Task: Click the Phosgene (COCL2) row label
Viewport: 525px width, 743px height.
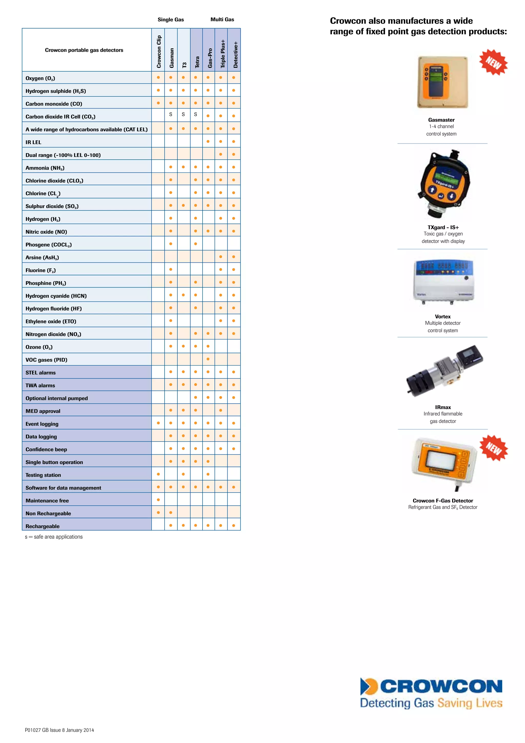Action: tap(48, 245)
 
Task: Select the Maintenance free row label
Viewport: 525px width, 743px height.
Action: tap(47, 501)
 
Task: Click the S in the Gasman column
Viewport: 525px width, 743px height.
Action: tap(171, 114)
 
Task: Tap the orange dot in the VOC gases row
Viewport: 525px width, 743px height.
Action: tap(208, 359)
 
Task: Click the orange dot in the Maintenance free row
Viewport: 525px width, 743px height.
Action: tap(158, 500)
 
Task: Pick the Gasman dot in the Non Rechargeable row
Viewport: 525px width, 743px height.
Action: tap(171, 513)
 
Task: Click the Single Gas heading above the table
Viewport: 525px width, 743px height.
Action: tap(171, 19)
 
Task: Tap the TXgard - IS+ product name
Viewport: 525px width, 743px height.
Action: tap(443, 227)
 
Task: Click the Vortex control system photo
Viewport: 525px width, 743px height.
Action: tap(443, 281)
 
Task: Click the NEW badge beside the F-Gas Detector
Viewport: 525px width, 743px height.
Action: tap(494, 448)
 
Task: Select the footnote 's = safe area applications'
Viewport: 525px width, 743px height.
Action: tap(54, 537)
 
